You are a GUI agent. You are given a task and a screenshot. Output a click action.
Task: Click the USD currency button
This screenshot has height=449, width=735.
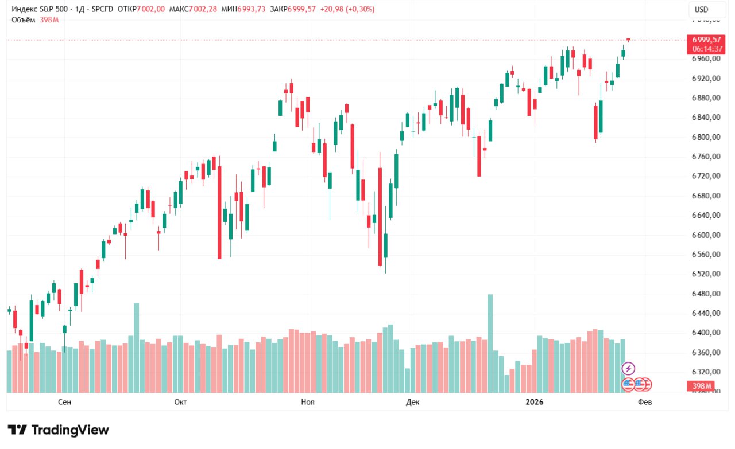(701, 10)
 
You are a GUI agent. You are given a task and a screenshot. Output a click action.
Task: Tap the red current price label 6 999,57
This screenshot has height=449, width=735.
(706, 40)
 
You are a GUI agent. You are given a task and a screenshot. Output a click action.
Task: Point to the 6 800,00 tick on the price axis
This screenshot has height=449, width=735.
(706, 137)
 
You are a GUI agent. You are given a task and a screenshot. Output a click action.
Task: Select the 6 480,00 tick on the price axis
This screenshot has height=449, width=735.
(706, 294)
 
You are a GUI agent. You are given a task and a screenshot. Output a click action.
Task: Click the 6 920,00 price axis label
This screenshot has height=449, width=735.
(706, 78)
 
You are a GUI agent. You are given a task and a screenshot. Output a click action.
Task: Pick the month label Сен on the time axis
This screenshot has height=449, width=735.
(65, 402)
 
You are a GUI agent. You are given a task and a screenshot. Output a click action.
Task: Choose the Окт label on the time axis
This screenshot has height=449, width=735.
(180, 402)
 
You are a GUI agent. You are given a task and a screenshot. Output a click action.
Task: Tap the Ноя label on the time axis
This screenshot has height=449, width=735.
(307, 402)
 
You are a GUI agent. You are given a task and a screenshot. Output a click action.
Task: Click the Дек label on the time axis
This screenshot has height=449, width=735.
(412, 402)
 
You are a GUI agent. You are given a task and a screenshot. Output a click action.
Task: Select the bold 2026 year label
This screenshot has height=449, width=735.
(535, 402)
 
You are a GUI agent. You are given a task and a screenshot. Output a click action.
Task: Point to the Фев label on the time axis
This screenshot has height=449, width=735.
(645, 402)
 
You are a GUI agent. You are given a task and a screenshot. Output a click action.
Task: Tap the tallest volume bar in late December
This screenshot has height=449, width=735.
(490, 343)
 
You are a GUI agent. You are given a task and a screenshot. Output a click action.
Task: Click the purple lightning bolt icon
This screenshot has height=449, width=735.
(629, 368)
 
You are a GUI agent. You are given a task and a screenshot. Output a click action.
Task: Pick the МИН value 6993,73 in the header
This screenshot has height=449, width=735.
(251, 9)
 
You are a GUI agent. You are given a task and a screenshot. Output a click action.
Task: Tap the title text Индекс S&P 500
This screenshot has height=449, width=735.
(38, 9)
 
